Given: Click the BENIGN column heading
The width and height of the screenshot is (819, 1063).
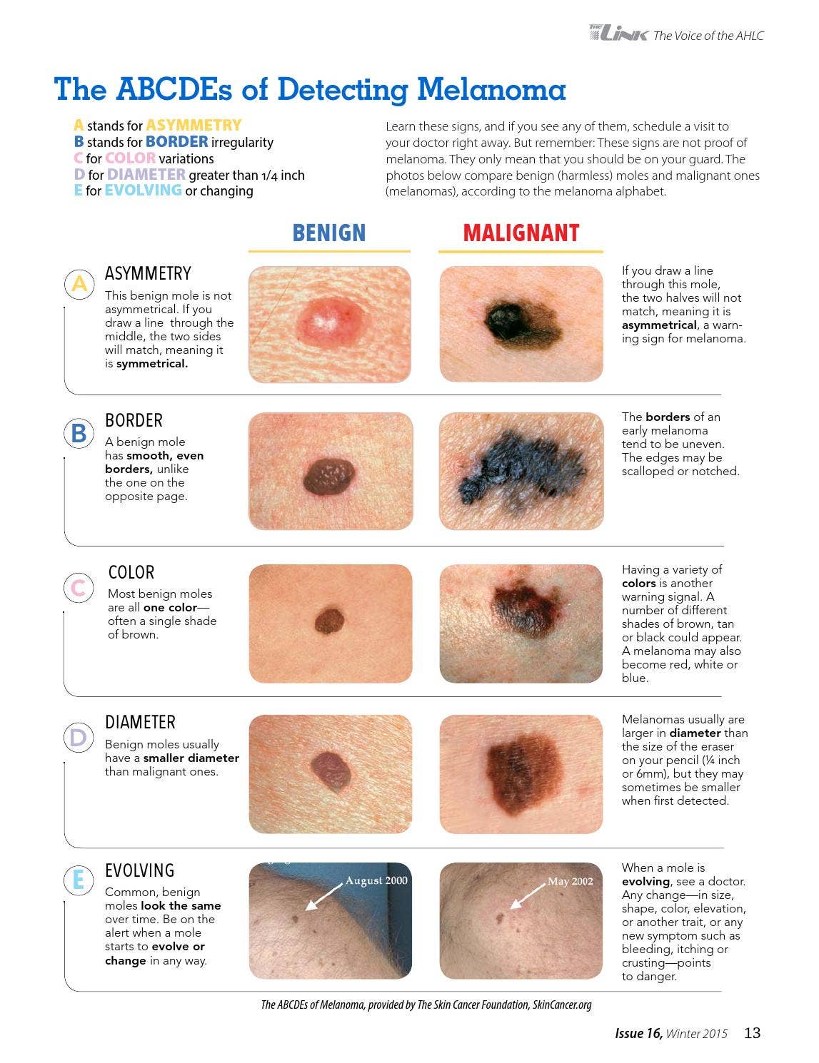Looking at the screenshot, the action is (329, 233).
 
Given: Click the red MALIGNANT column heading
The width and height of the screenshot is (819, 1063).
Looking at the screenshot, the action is (521, 233).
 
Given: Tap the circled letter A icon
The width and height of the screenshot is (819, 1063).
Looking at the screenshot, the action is (79, 284).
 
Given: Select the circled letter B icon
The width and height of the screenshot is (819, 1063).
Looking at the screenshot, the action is (79, 434).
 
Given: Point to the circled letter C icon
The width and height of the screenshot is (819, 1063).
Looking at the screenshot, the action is (79, 588).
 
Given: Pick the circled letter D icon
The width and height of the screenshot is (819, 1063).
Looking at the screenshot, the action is (79, 738).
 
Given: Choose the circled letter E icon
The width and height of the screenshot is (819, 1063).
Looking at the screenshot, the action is (79, 880).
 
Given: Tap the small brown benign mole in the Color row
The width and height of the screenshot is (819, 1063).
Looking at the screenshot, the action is (329, 621).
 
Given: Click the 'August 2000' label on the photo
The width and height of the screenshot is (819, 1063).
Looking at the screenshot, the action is (376, 880).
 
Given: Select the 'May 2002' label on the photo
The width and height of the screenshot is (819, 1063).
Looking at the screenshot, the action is (570, 881).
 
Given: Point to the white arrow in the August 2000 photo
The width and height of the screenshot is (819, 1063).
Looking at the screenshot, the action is (323, 897).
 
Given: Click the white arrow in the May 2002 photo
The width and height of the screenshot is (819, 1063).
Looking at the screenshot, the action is (528, 896).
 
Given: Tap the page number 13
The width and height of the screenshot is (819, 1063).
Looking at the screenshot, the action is (752, 1032).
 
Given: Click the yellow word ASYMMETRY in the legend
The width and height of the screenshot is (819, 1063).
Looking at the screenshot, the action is (194, 126).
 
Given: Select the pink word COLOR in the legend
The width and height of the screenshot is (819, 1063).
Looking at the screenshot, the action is (130, 158).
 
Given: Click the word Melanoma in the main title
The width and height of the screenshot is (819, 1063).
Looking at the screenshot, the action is (491, 89).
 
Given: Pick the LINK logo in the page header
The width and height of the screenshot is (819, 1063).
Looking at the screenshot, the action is (619, 34).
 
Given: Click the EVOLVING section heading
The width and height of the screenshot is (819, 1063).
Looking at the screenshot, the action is (139, 870).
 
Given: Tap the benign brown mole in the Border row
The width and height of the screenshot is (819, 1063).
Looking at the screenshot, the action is (329, 476).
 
